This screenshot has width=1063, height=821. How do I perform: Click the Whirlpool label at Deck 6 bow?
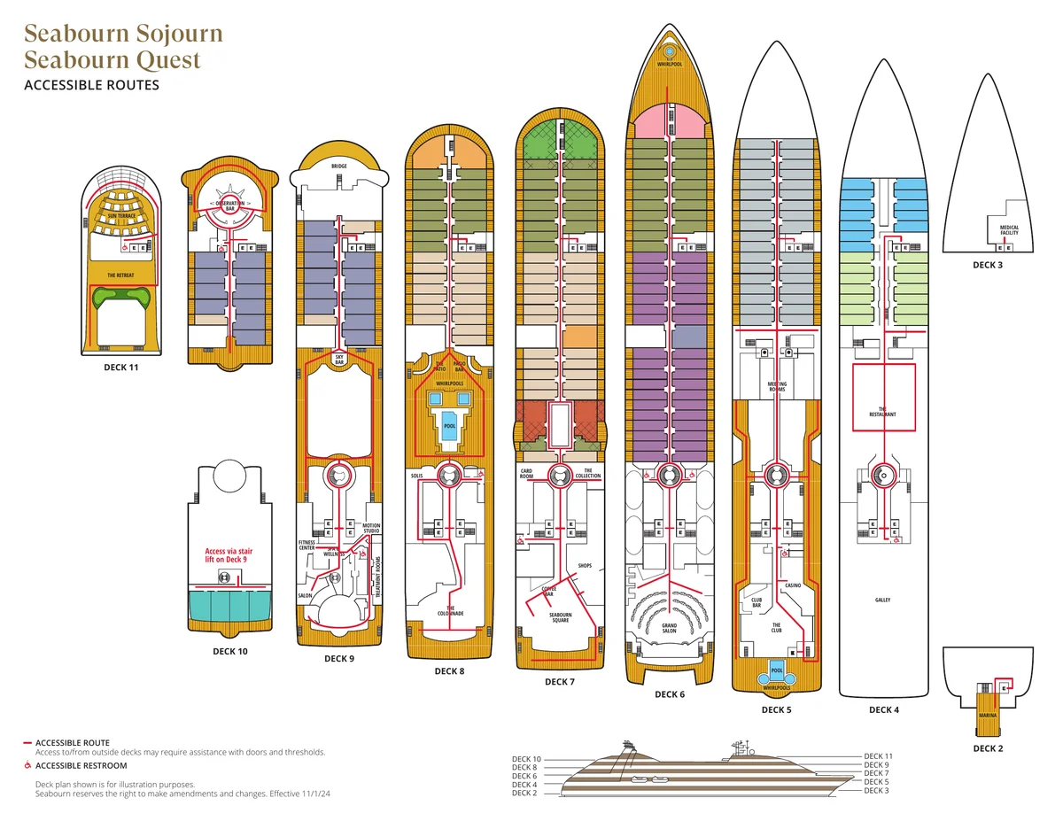pos(670,64)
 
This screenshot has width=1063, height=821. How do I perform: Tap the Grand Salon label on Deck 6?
pos(670,628)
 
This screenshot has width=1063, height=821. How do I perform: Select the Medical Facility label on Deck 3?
pos(1009,230)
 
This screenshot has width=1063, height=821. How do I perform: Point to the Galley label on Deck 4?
pos(882,600)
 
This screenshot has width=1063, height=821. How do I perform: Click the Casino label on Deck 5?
pos(793,585)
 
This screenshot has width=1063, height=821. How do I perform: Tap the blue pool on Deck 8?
pos(449,424)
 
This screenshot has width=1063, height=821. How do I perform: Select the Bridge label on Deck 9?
pos(339,166)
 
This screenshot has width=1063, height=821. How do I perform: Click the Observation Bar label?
pos(229,205)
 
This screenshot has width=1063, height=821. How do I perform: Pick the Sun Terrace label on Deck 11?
pos(120,216)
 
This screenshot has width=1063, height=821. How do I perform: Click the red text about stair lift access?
pos(229,555)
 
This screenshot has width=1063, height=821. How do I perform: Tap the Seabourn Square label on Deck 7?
pos(560,617)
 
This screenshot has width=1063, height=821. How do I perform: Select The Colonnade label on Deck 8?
pos(450,611)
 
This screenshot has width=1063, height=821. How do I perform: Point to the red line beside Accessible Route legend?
pos(27,743)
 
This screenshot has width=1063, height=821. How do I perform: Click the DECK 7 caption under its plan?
pos(560,682)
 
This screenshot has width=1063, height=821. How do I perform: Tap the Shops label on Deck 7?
pos(584,565)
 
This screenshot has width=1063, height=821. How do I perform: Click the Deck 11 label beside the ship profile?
pos(878,755)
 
